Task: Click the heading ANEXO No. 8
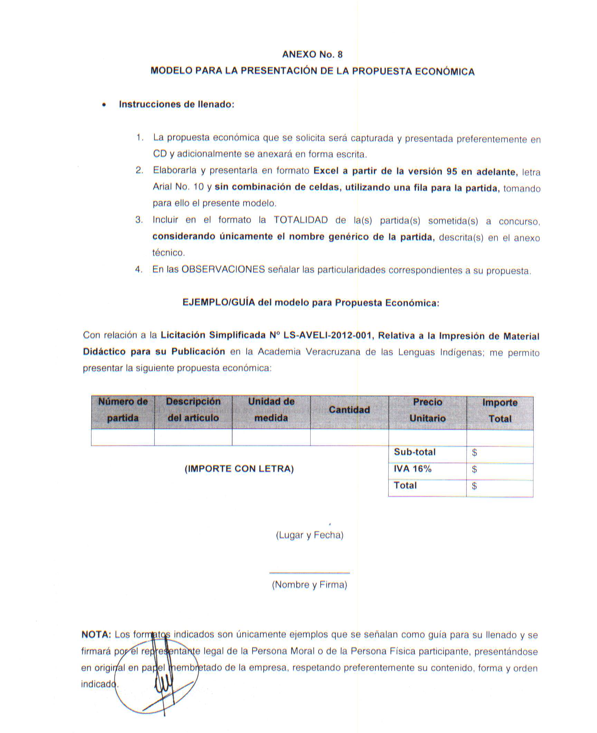(312, 55)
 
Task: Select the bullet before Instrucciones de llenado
(104, 105)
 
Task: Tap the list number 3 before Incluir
(139, 220)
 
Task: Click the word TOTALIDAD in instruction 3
(301, 220)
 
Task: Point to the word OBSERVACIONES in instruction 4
(223, 269)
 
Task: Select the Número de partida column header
(123, 410)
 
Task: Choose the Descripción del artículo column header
(193, 410)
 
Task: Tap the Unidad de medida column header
(271, 410)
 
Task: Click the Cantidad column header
(349, 410)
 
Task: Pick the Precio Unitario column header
(427, 410)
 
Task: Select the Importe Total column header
(500, 410)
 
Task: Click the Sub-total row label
(415, 452)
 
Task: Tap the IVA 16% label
(413, 469)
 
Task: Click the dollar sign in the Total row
(474, 486)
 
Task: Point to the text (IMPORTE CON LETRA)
(239, 469)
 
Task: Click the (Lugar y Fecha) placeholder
(310, 535)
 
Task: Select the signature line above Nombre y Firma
(310, 573)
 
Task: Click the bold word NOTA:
(96, 635)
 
